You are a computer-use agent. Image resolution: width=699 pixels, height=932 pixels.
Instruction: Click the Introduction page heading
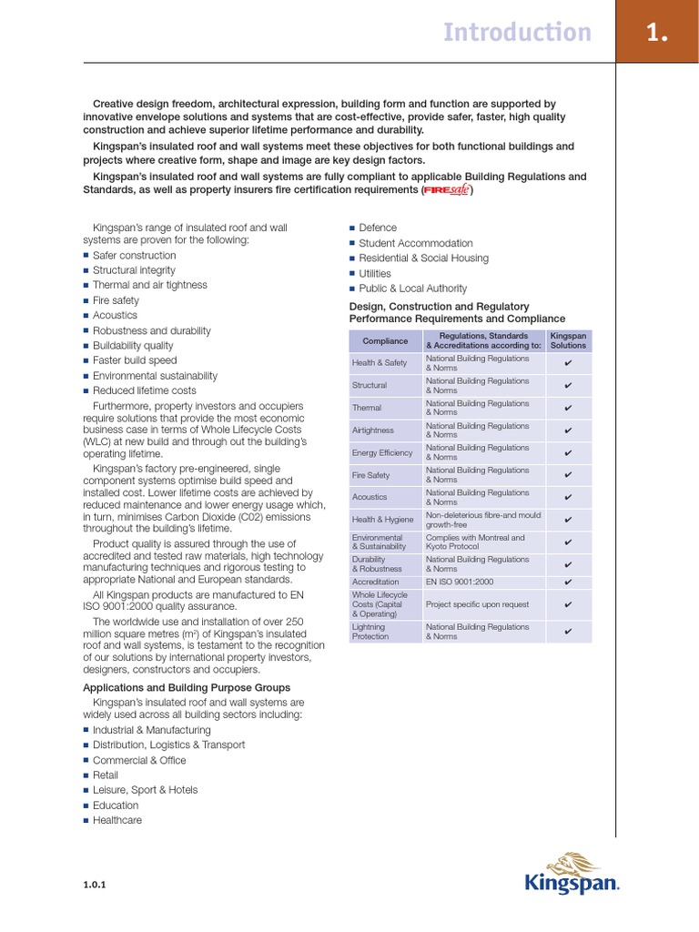click(x=516, y=33)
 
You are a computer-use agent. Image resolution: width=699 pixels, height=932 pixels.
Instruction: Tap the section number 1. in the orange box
click(x=657, y=33)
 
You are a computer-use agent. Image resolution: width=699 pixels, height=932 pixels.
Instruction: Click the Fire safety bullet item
click(x=116, y=300)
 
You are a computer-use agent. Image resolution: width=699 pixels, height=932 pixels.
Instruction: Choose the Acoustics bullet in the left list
click(x=115, y=315)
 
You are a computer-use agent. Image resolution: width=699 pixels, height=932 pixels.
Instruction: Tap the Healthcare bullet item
click(x=117, y=820)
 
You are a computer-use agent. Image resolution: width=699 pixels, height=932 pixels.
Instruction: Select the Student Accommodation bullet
click(x=416, y=243)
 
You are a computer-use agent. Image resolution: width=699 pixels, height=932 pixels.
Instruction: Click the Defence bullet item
click(x=378, y=228)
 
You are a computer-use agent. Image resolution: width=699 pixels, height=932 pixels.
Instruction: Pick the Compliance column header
click(x=385, y=341)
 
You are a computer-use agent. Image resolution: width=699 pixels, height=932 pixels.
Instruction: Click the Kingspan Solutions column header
click(x=568, y=341)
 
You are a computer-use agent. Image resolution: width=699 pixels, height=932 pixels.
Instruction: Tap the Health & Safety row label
click(x=380, y=363)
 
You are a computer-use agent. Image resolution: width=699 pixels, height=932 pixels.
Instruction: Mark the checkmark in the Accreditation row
click(x=568, y=582)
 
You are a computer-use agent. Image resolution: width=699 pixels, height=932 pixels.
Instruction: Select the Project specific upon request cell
click(x=477, y=604)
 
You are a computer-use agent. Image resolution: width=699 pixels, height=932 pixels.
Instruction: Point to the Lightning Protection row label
click(x=369, y=632)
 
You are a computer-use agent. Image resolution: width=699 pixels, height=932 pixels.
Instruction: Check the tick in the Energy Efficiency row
click(x=568, y=452)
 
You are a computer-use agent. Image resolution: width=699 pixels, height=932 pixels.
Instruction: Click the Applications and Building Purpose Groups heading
click(x=187, y=687)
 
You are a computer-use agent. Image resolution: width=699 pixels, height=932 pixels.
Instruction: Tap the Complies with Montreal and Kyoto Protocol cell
click(x=475, y=542)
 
